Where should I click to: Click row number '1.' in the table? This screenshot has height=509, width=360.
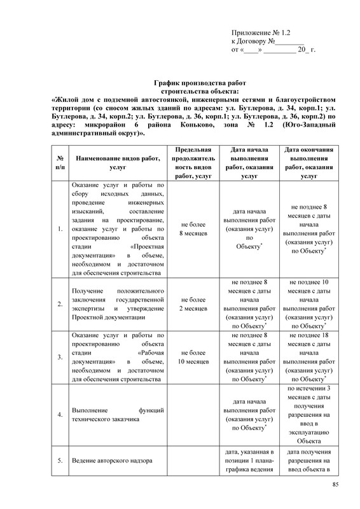coord(59,229)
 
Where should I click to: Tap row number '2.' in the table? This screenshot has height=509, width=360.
coord(59,304)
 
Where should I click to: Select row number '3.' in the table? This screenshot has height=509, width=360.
coord(59,357)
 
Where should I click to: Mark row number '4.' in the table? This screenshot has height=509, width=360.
coord(59,415)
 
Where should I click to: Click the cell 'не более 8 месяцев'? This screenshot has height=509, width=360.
coord(193,229)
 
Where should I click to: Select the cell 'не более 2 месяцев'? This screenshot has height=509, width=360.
coord(193,304)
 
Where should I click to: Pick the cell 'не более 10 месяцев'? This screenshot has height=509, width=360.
coord(193,357)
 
